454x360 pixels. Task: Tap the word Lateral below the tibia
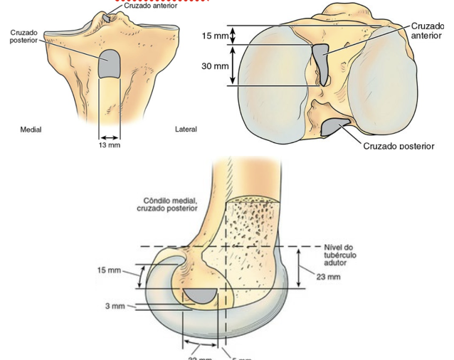pos(186,129)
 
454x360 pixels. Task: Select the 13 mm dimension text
pos(109,146)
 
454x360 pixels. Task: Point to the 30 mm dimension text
pos(216,65)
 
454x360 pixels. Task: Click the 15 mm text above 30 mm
pos(216,36)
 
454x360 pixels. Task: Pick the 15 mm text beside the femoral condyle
pos(110,270)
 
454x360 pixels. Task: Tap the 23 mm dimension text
pos(328,277)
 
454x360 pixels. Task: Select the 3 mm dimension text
pos(114,306)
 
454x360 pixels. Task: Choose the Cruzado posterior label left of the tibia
pos(24,36)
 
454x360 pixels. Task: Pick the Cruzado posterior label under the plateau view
pos(398,146)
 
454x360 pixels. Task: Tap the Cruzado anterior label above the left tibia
pos(151,6)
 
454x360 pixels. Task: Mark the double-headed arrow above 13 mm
pos(109,137)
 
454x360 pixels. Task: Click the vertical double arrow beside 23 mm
pos(299,268)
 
